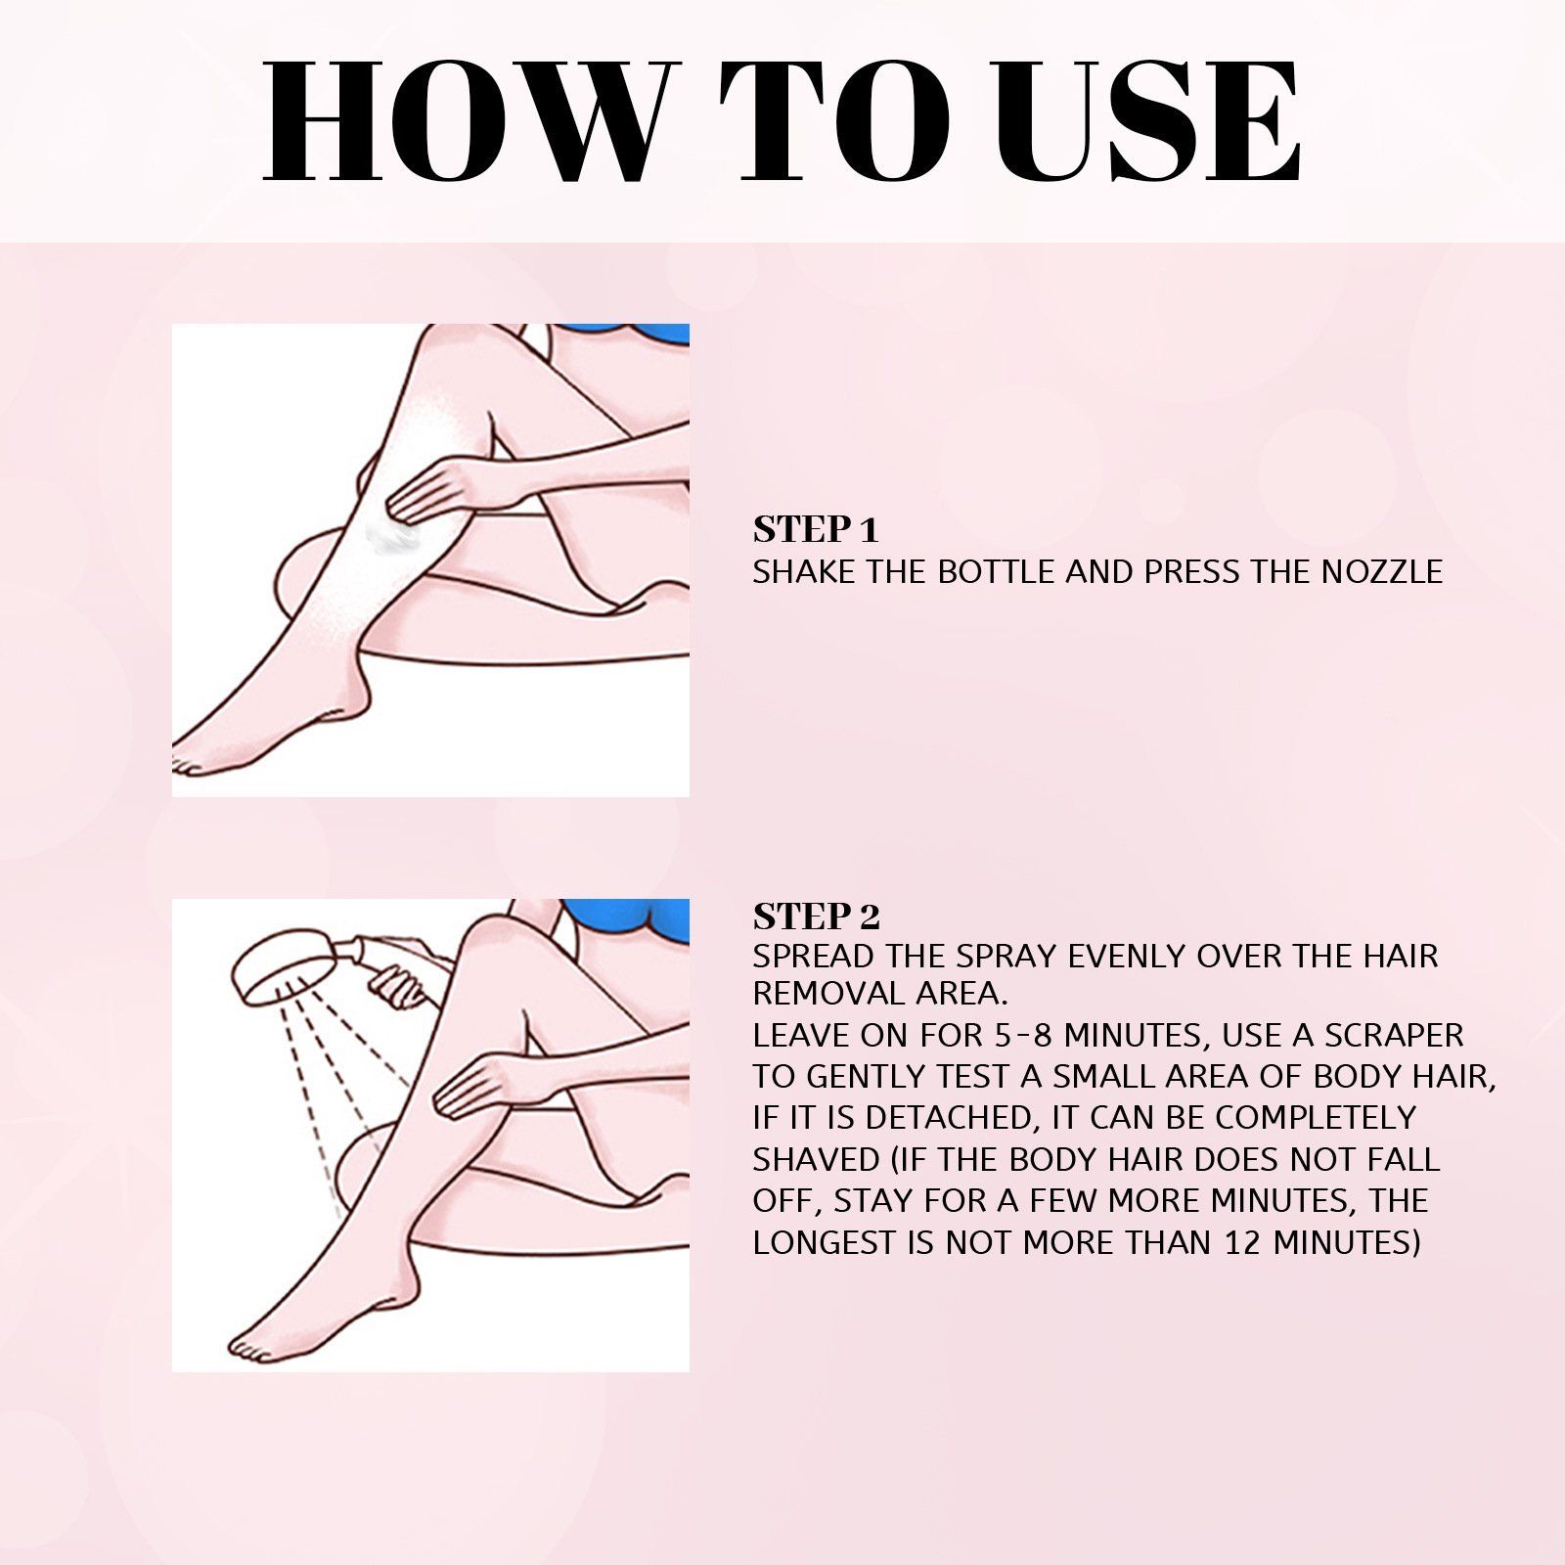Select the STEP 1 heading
pos(816,529)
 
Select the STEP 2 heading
pos(816,917)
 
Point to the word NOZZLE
pos(1381,571)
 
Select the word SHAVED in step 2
pos(816,1159)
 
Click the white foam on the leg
pos(391,535)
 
